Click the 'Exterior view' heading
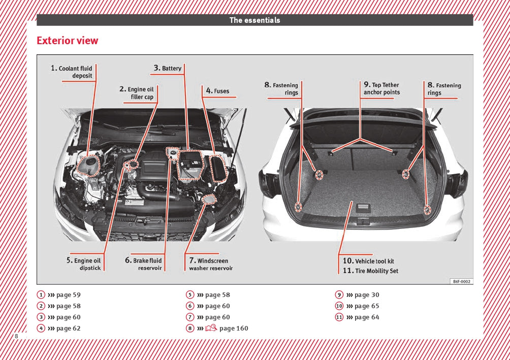pos(68,41)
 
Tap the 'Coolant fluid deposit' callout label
pos(72,72)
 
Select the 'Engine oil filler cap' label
pos(137,93)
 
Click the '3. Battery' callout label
pos(168,68)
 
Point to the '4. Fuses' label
pos(217,91)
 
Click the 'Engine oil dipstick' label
pos(84,264)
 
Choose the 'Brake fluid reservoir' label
pos(144,264)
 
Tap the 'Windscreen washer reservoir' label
pos(209,264)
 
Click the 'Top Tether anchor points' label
pos(381,89)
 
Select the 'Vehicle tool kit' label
pos(369,261)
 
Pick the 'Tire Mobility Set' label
pos(371,271)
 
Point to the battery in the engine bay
pos(190,165)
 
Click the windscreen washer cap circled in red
pos(208,200)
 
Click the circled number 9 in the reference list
pos(339,295)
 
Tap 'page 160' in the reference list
pos(234,329)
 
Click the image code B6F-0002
pos(461,281)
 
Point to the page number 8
pos(16,337)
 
